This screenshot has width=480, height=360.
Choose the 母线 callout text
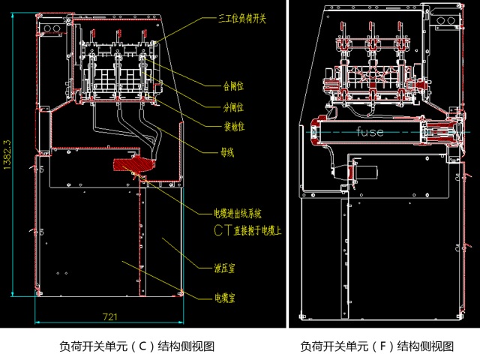226,153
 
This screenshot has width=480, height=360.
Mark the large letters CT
223,229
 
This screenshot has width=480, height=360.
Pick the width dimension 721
109,316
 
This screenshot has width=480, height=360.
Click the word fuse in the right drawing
370,132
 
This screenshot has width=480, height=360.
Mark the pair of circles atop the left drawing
52,28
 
